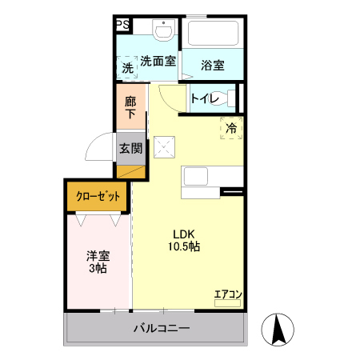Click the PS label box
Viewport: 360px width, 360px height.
(123, 26)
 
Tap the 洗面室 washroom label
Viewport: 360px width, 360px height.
(158, 61)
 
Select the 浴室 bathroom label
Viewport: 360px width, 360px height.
(212, 65)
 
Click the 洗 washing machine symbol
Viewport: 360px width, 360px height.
(128, 69)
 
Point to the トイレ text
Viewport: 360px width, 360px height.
(206, 99)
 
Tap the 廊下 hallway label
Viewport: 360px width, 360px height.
(130, 109)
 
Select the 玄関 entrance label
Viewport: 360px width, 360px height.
(130, 148)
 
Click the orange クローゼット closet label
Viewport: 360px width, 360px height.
(98, 196)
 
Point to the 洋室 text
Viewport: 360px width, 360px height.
(98, 256)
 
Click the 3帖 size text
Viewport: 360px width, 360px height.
(98, 270)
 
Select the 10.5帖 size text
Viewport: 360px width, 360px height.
(185, 247)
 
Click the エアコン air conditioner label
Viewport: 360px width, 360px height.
(227, 293)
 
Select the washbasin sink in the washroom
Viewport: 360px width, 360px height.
(162, 31)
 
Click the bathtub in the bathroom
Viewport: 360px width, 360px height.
(213, 34)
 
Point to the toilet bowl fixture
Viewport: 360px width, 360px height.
(226, 99)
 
